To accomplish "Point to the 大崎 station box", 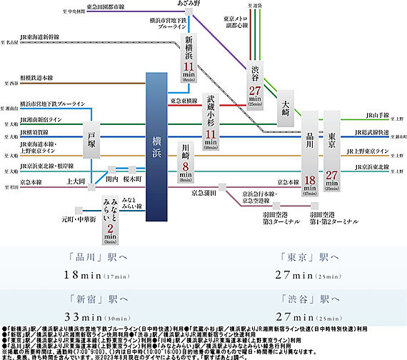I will [286, 101].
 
